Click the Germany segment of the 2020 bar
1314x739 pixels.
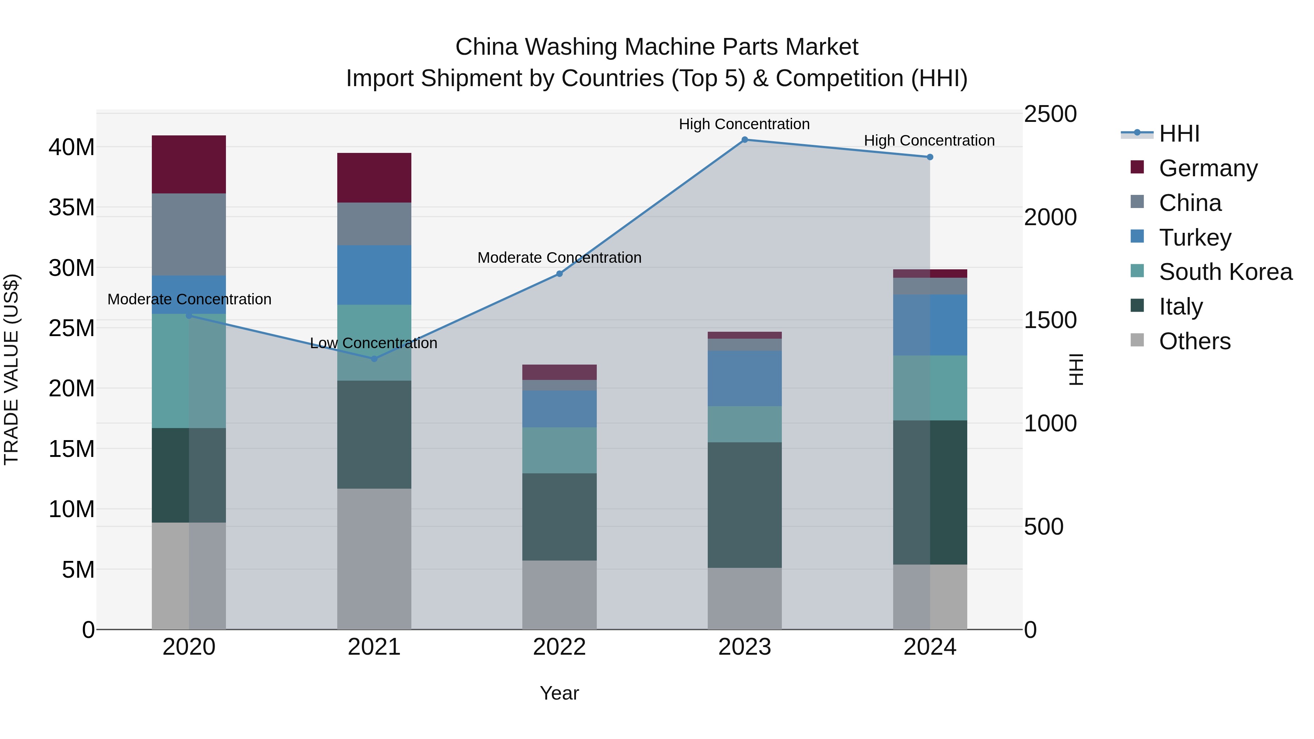click(x=189, y=164)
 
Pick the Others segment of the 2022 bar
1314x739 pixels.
click(x=559, y=595)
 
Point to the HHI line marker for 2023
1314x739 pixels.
click(x=744, y=140)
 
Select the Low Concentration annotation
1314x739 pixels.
click(x=373, y=343)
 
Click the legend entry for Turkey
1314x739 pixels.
click(x=1194, y=238)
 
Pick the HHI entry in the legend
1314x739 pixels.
click(x=1178, y=134)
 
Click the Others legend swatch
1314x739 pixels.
click(x=1137, y=340)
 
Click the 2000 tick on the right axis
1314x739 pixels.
click(x=1050, y=217)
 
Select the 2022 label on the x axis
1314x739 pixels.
click(x=559, y=647)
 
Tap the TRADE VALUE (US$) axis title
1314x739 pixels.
click(x=11, y=369)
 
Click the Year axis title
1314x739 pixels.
click(x=559, y=693)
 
